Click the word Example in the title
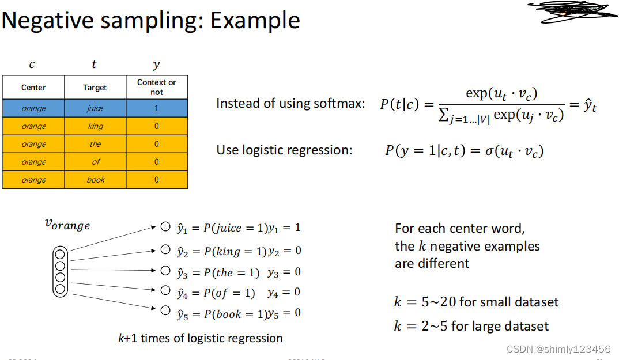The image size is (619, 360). coord(255,21)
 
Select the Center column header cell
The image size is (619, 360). coord(33,88)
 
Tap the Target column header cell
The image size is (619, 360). coord(95,88)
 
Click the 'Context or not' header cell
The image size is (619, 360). coord(156,88)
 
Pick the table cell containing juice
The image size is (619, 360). coord(95,108)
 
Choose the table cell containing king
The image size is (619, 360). coord(95,126)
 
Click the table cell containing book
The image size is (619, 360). coord(95,180)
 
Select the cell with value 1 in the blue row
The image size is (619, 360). coord(156,108)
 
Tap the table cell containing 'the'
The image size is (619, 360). coord(95,144)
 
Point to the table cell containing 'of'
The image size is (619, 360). coord(95,162)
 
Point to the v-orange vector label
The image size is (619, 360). coord(67,225)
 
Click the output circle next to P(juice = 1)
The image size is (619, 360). coord(165,227)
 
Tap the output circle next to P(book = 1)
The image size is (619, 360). coord(165,310)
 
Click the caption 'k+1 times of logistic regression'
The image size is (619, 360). coord(200,338)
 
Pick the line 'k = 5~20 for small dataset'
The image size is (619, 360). coord(476,302)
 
